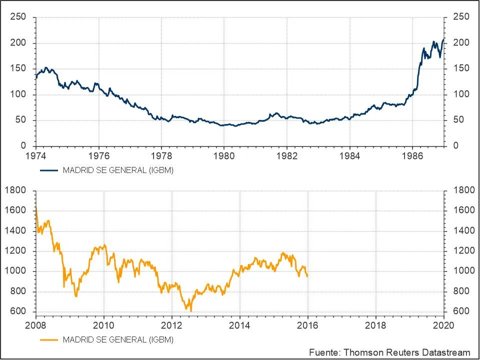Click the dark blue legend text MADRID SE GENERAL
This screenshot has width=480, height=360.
(x=118, y=170)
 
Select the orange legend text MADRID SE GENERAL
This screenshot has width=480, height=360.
(x=118, y=340)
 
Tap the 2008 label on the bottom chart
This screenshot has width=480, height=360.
(x=36, y=324)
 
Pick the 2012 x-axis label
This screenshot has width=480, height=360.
(x=172, y=324)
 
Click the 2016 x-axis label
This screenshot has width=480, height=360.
(x=307, y=324)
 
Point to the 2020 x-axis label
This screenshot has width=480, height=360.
(x=443, y=324)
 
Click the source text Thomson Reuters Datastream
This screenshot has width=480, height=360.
(x=389, y=352)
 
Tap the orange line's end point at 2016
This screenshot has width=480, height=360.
(x=307, y=276)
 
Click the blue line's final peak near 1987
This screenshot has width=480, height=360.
(x=443, y=39)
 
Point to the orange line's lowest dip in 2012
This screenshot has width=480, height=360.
(x=190, y=310)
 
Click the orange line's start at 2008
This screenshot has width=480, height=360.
(x=36, y=207)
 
